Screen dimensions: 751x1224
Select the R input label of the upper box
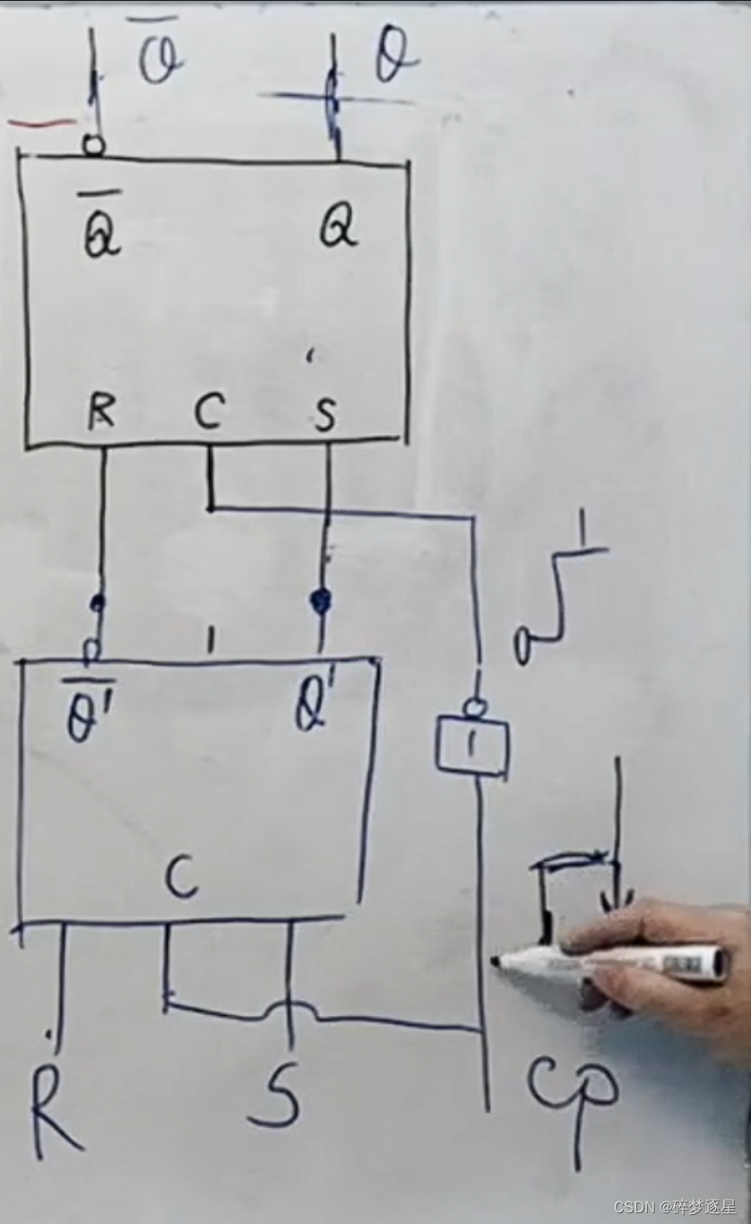click(102, 413)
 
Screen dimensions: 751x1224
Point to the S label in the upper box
click(324, 415)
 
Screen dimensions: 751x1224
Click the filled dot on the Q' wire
click(320, 600)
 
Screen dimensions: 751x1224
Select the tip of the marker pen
click(496, 961)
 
